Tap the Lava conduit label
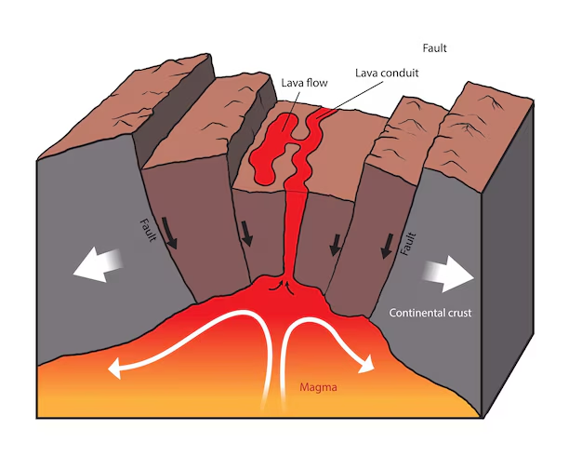387,72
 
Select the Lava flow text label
303,83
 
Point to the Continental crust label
430,313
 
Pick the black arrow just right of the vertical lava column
334,244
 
